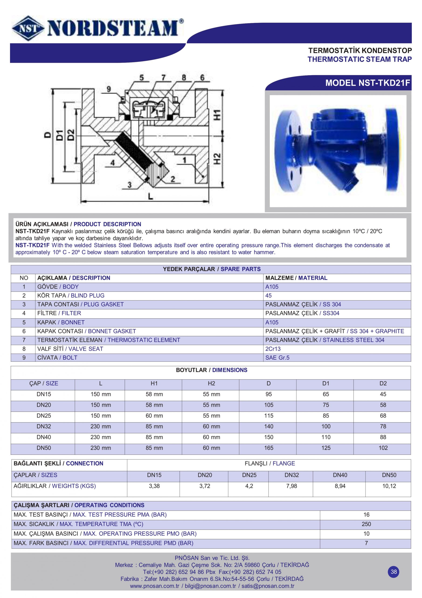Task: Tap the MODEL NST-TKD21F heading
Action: pos(367,83)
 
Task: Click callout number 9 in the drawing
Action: pos(109,89)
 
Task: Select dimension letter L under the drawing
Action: pos(150,197)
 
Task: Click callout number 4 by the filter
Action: pos(112,163)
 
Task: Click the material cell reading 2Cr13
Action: pos(273,349)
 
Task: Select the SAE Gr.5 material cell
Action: pos(277,358)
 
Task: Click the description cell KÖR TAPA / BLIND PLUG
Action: pos(71,296)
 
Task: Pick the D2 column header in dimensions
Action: pos(383,383)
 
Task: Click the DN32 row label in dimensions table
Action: pos(44,426)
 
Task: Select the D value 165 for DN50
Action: pos(269,448)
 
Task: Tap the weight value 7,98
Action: pos(291,486)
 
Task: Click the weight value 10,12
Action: pos(389,486)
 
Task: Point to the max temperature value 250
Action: pos(366,524)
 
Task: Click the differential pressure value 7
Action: pos(366,543)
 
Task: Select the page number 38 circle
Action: pos(394,572)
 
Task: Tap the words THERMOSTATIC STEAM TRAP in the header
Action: pos(359,59)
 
